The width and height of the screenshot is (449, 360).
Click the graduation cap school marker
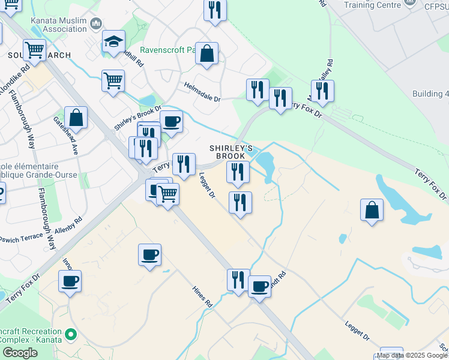(x=113, y=42)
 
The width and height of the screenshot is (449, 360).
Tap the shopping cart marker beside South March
(x=35, y=49)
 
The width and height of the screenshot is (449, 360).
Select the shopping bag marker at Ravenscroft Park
(x=206, y=53)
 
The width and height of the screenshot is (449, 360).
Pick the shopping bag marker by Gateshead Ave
(x=76, y=117)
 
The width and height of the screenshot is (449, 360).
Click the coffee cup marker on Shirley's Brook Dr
(x=171, y=121)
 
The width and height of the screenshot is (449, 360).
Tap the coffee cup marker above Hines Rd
(x=149, y=254)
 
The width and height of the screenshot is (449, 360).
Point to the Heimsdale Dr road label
(x=202, y=92)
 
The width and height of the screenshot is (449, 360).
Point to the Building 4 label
(x=430, y=94)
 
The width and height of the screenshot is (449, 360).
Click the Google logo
(x=20, y=353)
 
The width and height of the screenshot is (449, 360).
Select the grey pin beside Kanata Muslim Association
(x=96, y=25)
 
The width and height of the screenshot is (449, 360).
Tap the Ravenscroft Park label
(x=167, y=51)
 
